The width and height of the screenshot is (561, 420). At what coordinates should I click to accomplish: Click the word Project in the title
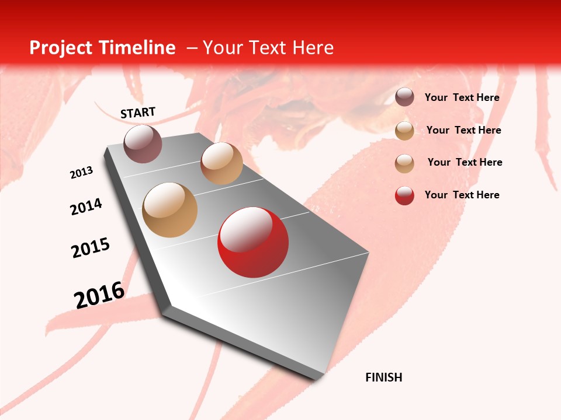coord(62,48)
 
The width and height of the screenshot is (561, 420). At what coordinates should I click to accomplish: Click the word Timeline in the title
coord(138,48)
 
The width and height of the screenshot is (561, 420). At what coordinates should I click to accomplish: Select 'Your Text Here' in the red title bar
coord(268,48)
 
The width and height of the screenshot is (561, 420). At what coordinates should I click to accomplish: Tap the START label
coord(138,113)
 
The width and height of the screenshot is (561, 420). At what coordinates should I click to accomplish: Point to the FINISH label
coord(384,377)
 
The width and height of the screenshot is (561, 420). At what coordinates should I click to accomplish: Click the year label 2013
coord(82,173)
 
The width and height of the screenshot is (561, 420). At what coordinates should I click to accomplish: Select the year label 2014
coord(86,206)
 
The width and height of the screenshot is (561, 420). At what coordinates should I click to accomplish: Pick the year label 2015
coord(91,248)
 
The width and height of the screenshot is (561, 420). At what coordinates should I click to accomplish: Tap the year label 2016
coord(99,295)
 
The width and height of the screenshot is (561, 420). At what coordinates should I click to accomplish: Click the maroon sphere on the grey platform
coord(143,143)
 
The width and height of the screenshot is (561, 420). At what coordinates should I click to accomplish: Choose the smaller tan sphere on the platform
coord(221,163)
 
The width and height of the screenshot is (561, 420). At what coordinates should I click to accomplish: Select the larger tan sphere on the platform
coord(170,210)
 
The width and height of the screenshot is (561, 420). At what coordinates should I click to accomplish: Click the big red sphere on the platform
coord(253,242)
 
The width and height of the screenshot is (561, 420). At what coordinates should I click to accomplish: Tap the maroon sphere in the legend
coord(404,97)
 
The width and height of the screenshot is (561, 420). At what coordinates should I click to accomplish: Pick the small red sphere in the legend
coord(404,195)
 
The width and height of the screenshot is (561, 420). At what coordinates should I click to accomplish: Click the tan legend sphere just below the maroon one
coord(404,131)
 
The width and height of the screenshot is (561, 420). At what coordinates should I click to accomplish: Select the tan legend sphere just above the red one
coord(404,163)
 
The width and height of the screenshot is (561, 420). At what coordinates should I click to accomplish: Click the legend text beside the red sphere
coord(462,195)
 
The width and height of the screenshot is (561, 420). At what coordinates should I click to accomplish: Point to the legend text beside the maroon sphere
coord(462,97)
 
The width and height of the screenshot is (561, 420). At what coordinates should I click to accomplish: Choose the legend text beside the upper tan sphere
coord(463,130)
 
